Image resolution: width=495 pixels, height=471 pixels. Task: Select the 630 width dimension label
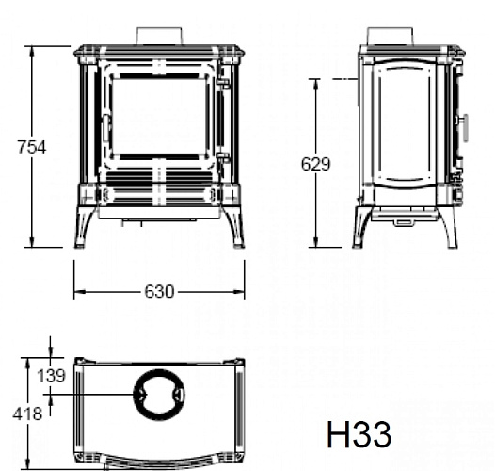point(159,292)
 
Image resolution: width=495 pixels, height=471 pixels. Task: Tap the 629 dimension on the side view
point(316,164)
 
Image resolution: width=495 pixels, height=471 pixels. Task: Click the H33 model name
point(359,435)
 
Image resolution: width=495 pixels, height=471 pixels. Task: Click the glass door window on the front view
point(158,117)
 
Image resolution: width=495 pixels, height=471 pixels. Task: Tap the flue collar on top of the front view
point(158,34)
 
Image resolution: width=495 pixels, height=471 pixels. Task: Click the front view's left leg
point(87,225)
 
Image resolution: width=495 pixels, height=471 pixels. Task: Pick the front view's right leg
point(232,225)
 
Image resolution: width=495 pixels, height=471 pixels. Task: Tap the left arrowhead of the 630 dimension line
point(77,292)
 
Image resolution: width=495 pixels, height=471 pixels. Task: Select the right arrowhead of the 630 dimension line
point(241,292)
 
